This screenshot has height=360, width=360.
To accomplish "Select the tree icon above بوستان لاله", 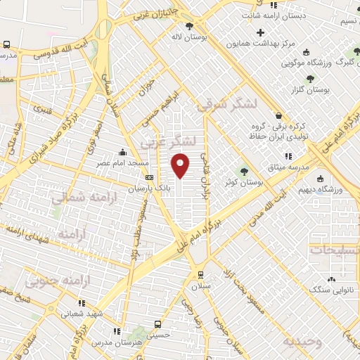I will tap(190, 25).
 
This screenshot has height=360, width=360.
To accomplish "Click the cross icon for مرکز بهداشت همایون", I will tap(261, 32).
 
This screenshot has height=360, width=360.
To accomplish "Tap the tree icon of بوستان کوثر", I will tap(245, 169).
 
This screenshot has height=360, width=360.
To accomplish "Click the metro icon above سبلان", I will tap(202, 274).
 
